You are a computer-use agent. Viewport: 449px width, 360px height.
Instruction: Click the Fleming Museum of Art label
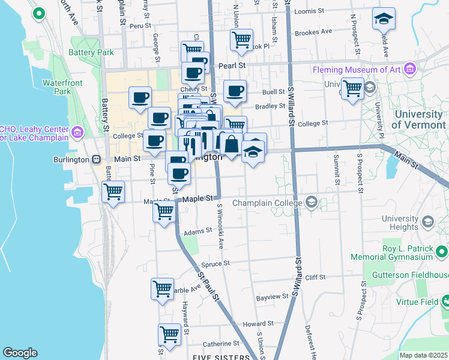[x=357, y=70]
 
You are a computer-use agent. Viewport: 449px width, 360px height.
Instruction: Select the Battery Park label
[x=91, y=52]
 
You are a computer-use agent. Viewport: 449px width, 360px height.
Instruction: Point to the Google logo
[x=20, y=352]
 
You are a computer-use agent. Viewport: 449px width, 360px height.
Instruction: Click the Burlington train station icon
[x=95, y=160]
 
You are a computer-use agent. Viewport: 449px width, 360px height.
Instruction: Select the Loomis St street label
[x=310, y=11]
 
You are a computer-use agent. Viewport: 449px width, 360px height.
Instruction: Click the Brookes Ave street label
[x=313, y=31]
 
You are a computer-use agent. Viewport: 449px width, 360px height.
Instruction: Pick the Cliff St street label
[x=315, y=277]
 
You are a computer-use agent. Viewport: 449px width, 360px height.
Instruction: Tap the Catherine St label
[x=220, y=344]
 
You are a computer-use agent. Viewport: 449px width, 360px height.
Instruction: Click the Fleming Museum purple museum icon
[x=410, y=70]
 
